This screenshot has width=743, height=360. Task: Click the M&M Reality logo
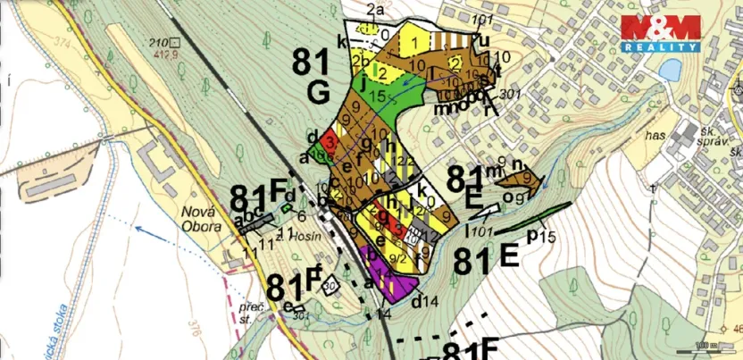pos(660,34)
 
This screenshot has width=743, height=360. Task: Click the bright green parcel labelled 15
pos(374,90)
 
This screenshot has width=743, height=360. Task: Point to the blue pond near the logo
pos(668,69)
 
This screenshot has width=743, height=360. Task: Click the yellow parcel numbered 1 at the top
pos(415,40)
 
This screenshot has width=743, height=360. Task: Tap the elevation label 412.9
pos(162,54)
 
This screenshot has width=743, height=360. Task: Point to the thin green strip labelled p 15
pos(534,221)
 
